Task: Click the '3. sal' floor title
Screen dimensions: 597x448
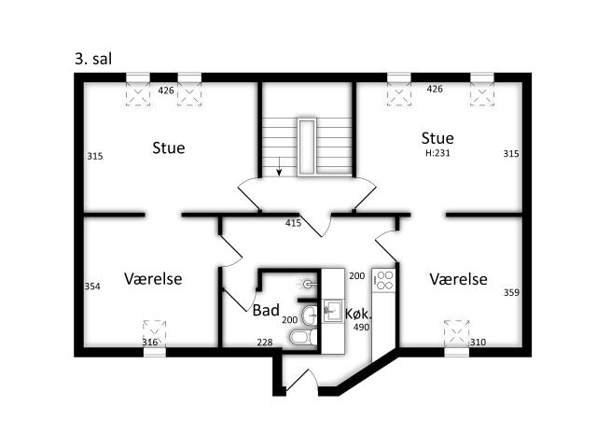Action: click(93, 59)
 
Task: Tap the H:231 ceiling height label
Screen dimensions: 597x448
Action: click(437, 153)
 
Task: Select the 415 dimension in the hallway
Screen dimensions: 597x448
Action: click(293, 223)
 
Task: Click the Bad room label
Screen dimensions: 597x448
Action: click(266, 310)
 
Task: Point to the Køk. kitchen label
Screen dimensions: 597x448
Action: click(358, 314)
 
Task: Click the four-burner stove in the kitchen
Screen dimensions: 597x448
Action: click(383, 280)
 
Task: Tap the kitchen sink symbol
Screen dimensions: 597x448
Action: click(333, 311)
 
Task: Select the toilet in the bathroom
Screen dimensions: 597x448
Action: click(303, 337)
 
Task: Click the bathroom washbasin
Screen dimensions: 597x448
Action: click(311, 315)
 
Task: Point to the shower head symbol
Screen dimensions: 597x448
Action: click(308, 284)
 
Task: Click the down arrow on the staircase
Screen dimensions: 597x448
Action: click(279, 167)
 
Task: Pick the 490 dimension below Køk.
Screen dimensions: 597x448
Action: click(361, 328)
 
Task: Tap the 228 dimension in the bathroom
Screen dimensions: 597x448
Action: click(265, 343)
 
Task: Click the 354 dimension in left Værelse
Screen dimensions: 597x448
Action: click(92, 287)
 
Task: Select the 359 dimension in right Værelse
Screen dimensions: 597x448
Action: click(511, 292)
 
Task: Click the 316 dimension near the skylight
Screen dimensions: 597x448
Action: click(150, 343)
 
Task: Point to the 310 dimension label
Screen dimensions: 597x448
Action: click(478, 343)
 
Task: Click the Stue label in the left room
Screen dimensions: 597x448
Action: click(169, 147)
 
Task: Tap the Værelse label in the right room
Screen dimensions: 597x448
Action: click(458, 279)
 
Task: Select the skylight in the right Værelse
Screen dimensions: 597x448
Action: click(456, 333)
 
